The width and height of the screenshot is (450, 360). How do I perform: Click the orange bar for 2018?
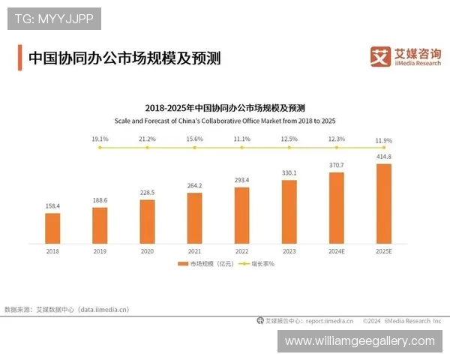point(52,228)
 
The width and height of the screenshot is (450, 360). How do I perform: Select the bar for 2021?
point(195,217)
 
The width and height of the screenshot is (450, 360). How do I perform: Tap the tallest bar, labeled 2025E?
point(384,202)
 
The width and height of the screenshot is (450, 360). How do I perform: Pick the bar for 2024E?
point(337,208)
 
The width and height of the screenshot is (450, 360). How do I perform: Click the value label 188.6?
point(100,201)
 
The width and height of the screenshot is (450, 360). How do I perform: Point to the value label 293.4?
point(241,181)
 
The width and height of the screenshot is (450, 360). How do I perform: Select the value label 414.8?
point(384,157)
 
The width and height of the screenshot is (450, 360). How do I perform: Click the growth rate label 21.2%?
point(147,139)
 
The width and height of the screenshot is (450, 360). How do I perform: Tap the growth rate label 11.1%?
point(241,139)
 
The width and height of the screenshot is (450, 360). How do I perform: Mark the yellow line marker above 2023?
point(289,148)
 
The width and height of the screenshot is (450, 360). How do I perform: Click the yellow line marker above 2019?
point(100,148)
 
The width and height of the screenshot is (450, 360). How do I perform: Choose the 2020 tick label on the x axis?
point(147,250)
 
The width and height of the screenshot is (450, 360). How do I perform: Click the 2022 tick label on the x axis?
point(241,250)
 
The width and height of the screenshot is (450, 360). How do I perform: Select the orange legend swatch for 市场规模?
point(183,264)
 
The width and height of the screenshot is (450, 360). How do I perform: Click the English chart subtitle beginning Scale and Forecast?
point(225,120)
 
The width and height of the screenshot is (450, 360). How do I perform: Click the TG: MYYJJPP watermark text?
point(54,19)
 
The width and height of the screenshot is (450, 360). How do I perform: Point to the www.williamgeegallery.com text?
point(360,341)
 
